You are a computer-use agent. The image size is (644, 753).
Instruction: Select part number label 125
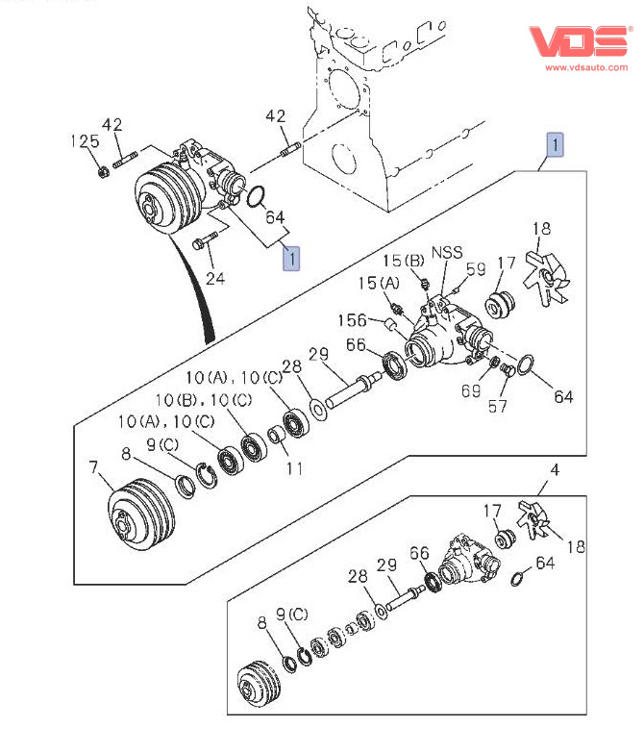tap(85, 141)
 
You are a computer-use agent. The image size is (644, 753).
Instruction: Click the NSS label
tap(446, 253)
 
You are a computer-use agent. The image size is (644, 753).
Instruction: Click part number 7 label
tap(93, 468)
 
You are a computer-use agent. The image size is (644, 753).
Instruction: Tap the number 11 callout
tap(294, 468)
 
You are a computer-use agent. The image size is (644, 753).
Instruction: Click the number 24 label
tap(215, 279)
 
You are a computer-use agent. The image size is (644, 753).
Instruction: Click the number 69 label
tap(470, 390)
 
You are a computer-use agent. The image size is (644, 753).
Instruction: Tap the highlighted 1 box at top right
tap(556, 145)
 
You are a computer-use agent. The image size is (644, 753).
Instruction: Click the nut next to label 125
tap(101, 172)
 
